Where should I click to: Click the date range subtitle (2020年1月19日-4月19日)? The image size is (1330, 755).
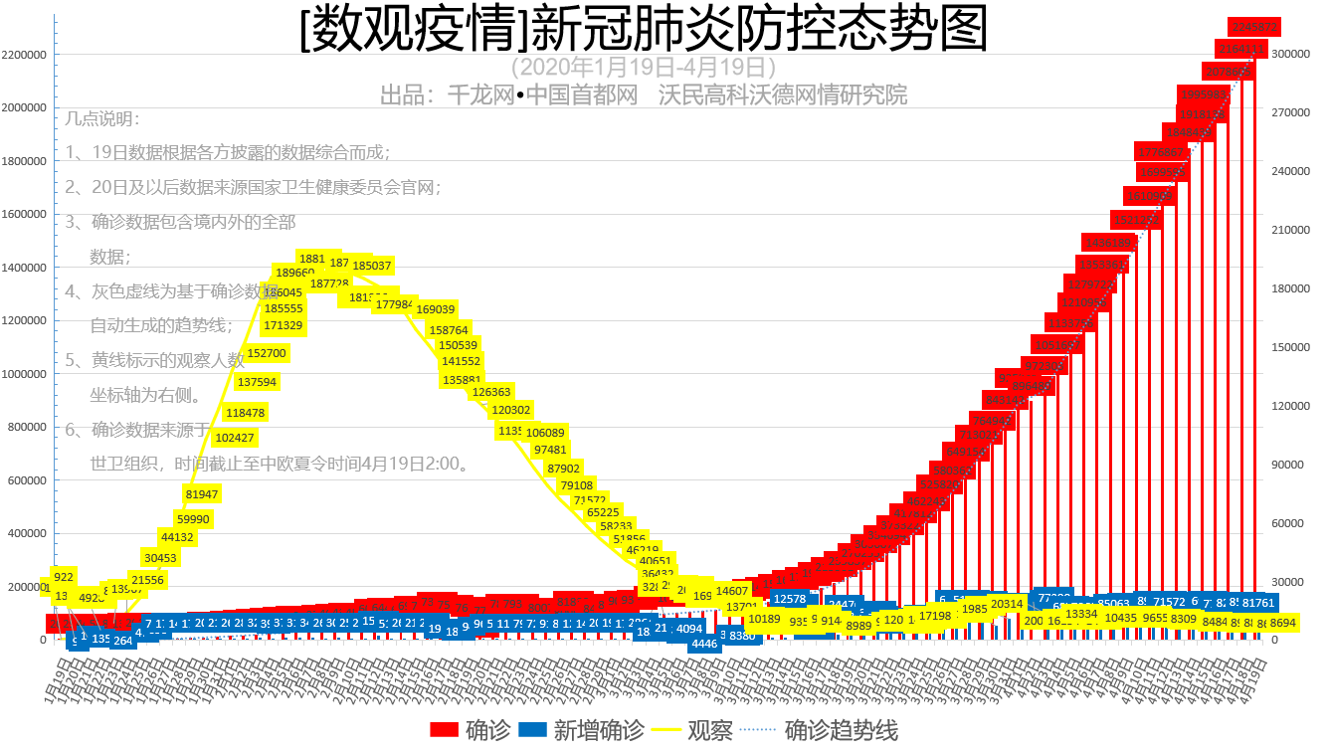(x=644, y=68)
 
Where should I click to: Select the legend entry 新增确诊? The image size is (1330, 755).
(x=580, y=731)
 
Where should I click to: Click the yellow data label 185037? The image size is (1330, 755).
(x=372, y=267)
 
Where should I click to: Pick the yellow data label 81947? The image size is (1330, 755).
(x=202, y=494)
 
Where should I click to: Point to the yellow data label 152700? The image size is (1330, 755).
(x=267, y=353)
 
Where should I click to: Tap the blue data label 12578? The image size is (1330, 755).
(x=790, y=599)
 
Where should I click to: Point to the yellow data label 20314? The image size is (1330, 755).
(x=1007, y=604)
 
